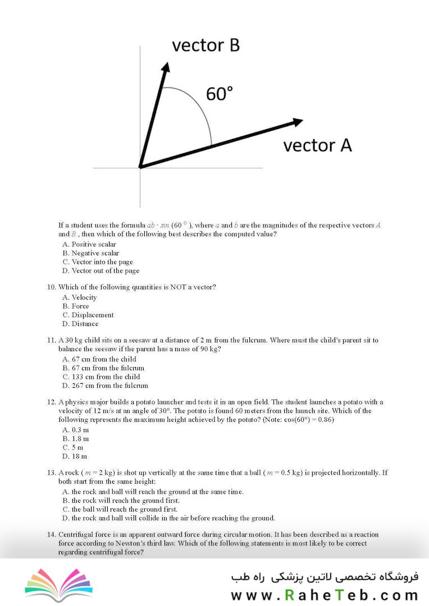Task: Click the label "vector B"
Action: click(x=206, y=45)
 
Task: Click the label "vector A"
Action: click(x=317, y=145)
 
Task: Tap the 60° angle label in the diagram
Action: click(x=220, y=94)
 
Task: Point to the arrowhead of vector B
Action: click(x=166, y=68)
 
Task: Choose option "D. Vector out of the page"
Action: click(x=101, y=270)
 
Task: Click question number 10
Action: click(x=52, y=287)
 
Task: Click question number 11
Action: click(x=52, y=340)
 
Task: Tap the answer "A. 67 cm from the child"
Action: click(x=99, y=359)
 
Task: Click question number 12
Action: click(x=52, y=402)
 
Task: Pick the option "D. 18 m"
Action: click(x=74, y=456)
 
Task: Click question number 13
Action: click(x=52, y=472)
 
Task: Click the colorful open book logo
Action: click(x=58, y=583)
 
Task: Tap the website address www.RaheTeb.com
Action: click(x=324, y=595)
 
